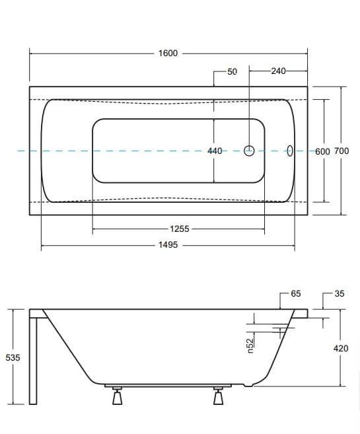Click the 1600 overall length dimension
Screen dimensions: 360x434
168,53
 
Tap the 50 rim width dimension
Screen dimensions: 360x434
232,72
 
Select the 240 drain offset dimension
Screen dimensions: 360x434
278,71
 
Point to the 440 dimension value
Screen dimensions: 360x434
215,151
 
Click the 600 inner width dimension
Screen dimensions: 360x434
322,151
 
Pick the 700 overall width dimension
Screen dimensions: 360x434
342,151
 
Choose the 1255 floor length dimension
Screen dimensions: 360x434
180,229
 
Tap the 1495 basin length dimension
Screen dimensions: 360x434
168,245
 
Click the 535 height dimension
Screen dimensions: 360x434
13,357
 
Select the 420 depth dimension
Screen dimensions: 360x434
341,348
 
